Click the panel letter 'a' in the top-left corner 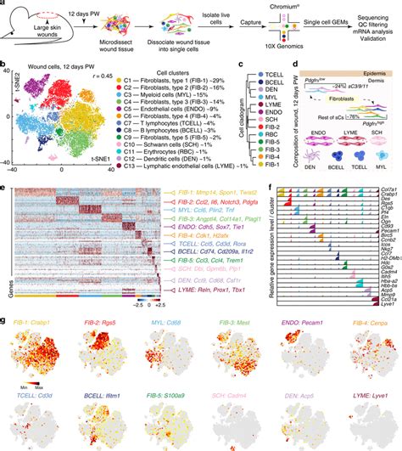point(5,5)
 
